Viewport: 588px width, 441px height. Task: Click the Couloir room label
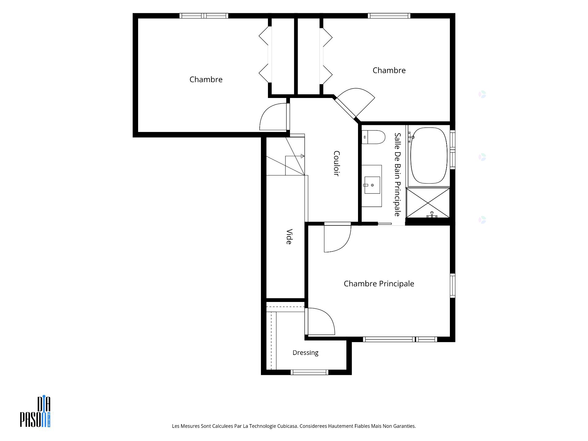(337, 163)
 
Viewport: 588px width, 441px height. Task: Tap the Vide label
(289, 236)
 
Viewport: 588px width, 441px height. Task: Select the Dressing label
(305, 353)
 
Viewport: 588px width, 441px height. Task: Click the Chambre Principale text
(379, 284)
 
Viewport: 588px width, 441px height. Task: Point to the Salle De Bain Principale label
(397, 174)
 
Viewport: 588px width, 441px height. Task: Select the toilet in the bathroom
(373, 137)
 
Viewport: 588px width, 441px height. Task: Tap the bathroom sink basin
(372, 185)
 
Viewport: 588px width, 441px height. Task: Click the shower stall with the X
(428, 203)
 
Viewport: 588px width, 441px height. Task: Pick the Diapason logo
(35, 412)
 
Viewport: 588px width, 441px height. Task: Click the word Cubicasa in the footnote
(287, 426)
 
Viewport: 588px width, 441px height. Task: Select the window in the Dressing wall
(309, 372)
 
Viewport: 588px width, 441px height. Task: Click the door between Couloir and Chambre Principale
(337, 237)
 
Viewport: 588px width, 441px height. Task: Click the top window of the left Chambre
(204, 16)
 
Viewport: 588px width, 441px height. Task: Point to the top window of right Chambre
(389, 16)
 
